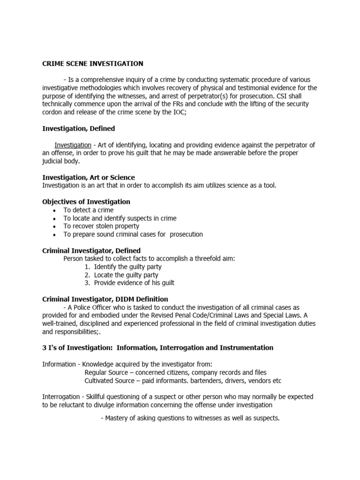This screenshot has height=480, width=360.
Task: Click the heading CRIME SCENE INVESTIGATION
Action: pyautogui.click(x=93, y=63)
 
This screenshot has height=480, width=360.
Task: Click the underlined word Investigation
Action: pyautogui.click(x=73, y=145)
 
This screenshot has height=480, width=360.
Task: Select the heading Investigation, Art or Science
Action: pyautogui.click(x=89, y=178)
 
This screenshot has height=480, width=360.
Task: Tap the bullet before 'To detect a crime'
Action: pyautogui.click(x=55, y=210)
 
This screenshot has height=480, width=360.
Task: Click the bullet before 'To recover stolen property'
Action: pyautogui.click(x=55, y=226)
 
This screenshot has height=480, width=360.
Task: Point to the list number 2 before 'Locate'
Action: pyautogui.click(x=87, y=275)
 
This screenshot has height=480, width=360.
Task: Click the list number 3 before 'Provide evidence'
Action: pyautogui.click(x=87, y=283)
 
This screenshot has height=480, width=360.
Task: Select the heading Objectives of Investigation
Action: pyautogui.click(x=86, y=202)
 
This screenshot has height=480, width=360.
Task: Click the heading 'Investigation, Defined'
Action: pyautogui.click(x=78, y=128)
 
